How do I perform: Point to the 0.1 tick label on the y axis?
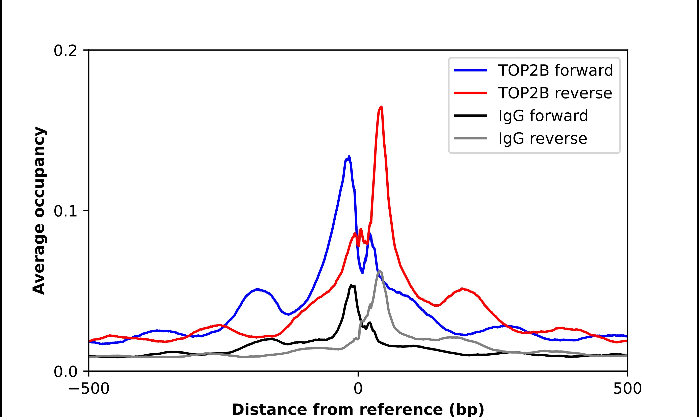pyautogui.click(x=65, y=211)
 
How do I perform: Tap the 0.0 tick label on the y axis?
pyautogui.click(x=65, y=372)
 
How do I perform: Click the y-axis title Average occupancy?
pyautogui.click(x=39, y=211)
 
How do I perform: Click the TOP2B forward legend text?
pyautogui.click(x=555, y=70)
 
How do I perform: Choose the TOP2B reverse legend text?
pyautogui.click(x=555, y=93)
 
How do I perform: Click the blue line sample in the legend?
pyautogui.click(x=470, y=70)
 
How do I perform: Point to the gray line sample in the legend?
pyautogui.click(x=470, y=138)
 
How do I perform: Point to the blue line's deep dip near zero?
pyautogui.click(x=362, y=272)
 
